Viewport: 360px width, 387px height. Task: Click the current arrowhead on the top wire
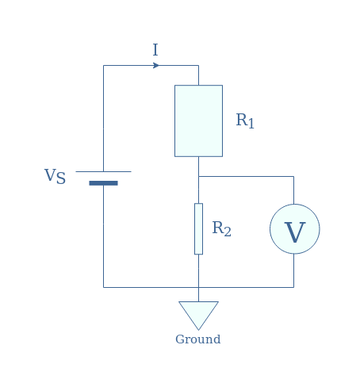[x=156, y=65]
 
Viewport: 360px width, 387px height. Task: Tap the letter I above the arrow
[x=155, y=50]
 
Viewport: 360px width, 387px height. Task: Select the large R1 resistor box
[x=198, y=121]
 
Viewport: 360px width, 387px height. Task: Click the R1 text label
[x=245, y=121]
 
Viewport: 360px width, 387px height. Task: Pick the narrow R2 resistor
[x=198, y=228]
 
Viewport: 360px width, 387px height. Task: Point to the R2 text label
[x=221, y=228]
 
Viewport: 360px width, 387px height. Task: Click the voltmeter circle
[x=295, y=228]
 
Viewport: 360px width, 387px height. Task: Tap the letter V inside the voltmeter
[x=295, y=232]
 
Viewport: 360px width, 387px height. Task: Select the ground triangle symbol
[x=198, y=316]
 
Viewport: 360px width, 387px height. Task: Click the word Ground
[x=198, y=339]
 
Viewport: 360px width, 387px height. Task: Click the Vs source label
[x=55, y=176]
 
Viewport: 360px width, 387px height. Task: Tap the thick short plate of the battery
[x=103, y=183]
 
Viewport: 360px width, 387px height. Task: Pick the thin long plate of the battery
[x=103, y=171]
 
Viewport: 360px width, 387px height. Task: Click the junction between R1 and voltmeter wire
[x=198, y=176]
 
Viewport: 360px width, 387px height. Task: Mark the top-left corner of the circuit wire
[x=103, y=65]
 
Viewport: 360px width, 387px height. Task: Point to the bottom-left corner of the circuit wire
[x=103, y=287]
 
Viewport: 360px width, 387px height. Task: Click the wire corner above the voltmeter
[x=293, y=176]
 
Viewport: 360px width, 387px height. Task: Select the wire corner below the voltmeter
[x=293, y=287]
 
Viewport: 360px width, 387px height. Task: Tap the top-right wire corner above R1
[x=198, y=65]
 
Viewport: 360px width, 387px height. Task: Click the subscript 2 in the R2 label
[x=228, y=232]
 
